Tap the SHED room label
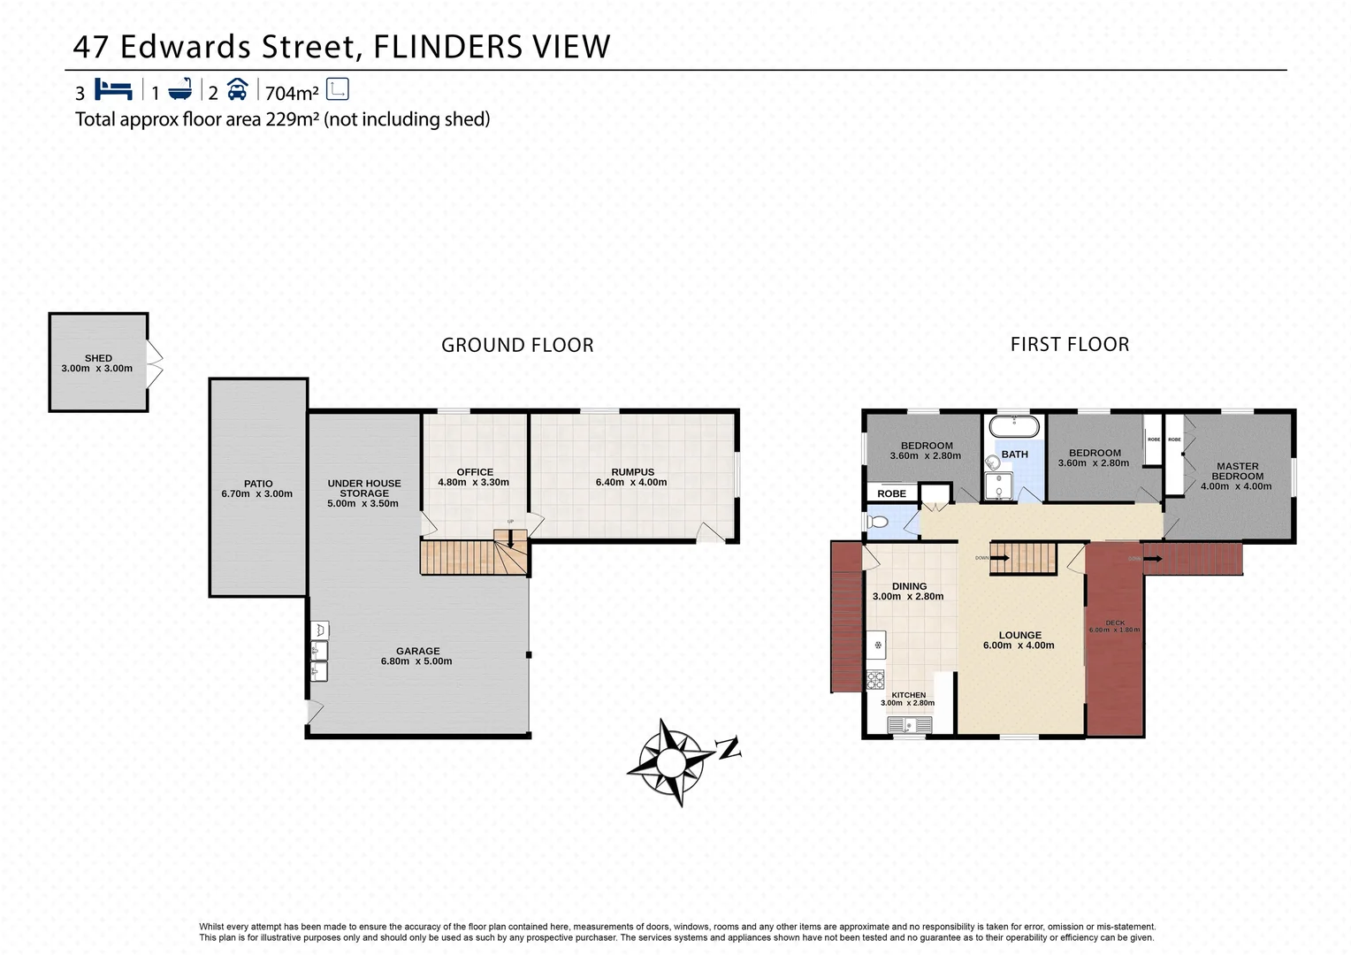click(98, 358)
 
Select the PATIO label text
click(258, 484)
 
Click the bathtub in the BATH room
click(1013, 427)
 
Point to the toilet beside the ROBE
click(877, 522)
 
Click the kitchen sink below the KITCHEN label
click(910, 725)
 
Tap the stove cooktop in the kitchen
click(875, 679)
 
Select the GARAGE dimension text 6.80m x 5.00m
click(416, 661)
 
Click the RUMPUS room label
click(632, 472)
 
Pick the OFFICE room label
click(475, 472)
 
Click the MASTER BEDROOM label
click(1237, 471)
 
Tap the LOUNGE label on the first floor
click(1019, 635)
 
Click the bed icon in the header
click(113, 89)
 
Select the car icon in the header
click(237, 89)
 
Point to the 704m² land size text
click(292, 93)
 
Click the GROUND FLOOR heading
click(517, 346)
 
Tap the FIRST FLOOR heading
click(1070, 345)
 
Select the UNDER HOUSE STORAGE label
click(364, 488)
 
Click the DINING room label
click(909, 586)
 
